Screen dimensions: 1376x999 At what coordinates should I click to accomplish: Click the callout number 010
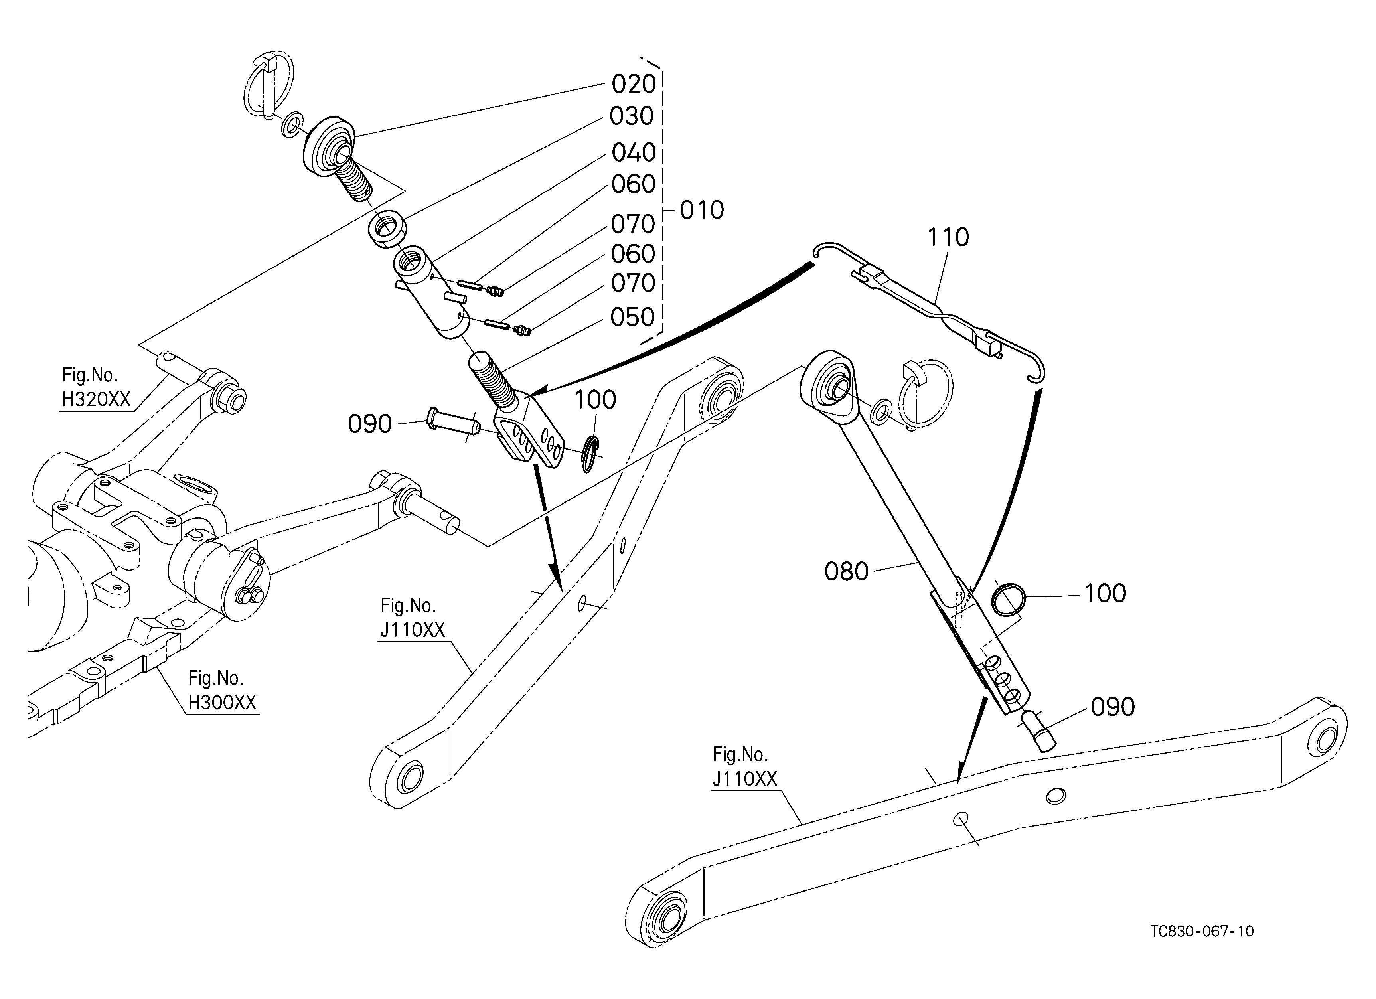click(702, 211)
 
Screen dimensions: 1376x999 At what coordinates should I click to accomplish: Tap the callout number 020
click(634, 84)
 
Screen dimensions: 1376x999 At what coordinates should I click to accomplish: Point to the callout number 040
click(634, 152)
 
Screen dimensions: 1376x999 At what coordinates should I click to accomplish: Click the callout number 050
click(633, 317)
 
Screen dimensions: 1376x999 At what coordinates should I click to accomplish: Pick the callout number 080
click(846, 571)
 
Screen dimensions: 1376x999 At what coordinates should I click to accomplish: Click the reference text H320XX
click(97, 400)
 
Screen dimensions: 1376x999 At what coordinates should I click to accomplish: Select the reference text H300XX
click(222, 703)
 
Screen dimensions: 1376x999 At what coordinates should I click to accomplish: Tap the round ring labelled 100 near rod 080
click(1008, 599)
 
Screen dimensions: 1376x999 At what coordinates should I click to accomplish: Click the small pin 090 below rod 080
click(1038, 732)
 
